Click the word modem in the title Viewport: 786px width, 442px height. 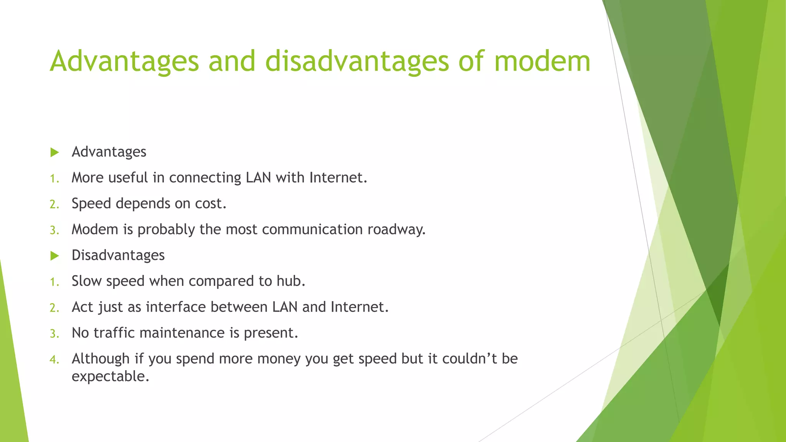(x=542, y=61)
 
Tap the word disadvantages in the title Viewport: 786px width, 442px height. (x=357, y=61)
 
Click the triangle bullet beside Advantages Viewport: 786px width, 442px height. (x=55, y=153)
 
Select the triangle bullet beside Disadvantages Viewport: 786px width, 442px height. (x=55, y=256)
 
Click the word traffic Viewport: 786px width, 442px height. (x=115, y=333)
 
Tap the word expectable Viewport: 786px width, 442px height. (x=110, y=376)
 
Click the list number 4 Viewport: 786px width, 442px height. (x=54, y=360)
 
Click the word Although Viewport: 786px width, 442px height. (x=101, y=359)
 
